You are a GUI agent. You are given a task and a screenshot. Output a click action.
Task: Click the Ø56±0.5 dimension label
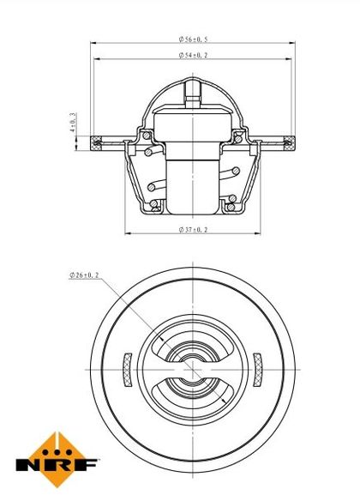(193, 39)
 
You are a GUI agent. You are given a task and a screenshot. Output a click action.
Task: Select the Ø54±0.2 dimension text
(193, 55)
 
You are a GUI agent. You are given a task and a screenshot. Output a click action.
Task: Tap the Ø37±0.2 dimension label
(193, 230)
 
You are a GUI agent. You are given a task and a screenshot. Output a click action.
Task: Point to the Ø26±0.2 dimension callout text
(84, 275)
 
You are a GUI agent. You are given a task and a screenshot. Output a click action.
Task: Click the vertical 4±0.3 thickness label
(73, 122)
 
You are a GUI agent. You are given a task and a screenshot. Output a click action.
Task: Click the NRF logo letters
(57, 465)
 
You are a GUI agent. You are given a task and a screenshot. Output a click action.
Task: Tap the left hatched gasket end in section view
(96, 143)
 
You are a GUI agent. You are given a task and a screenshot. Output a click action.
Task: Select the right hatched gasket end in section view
(290, 143)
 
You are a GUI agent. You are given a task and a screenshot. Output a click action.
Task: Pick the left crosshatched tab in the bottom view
(127, 370)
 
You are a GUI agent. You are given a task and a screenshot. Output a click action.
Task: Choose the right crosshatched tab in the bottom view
(258, 370)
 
